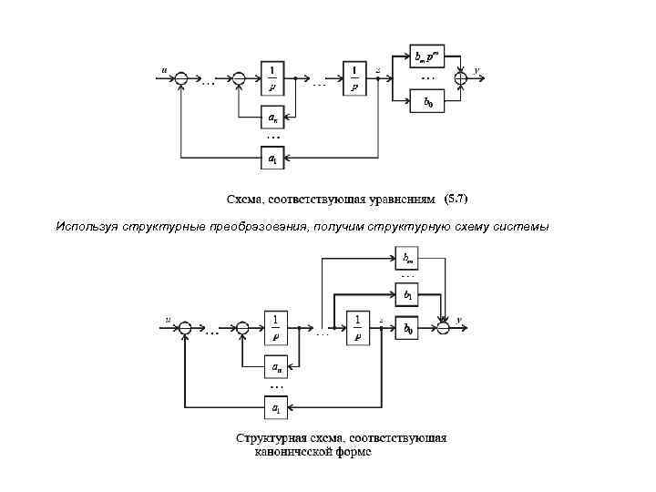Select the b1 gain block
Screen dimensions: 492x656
407,295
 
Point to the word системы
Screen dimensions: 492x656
520,226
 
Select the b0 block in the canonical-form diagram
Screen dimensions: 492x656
407,329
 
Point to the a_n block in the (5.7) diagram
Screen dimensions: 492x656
272,117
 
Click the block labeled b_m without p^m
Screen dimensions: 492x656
407,258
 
